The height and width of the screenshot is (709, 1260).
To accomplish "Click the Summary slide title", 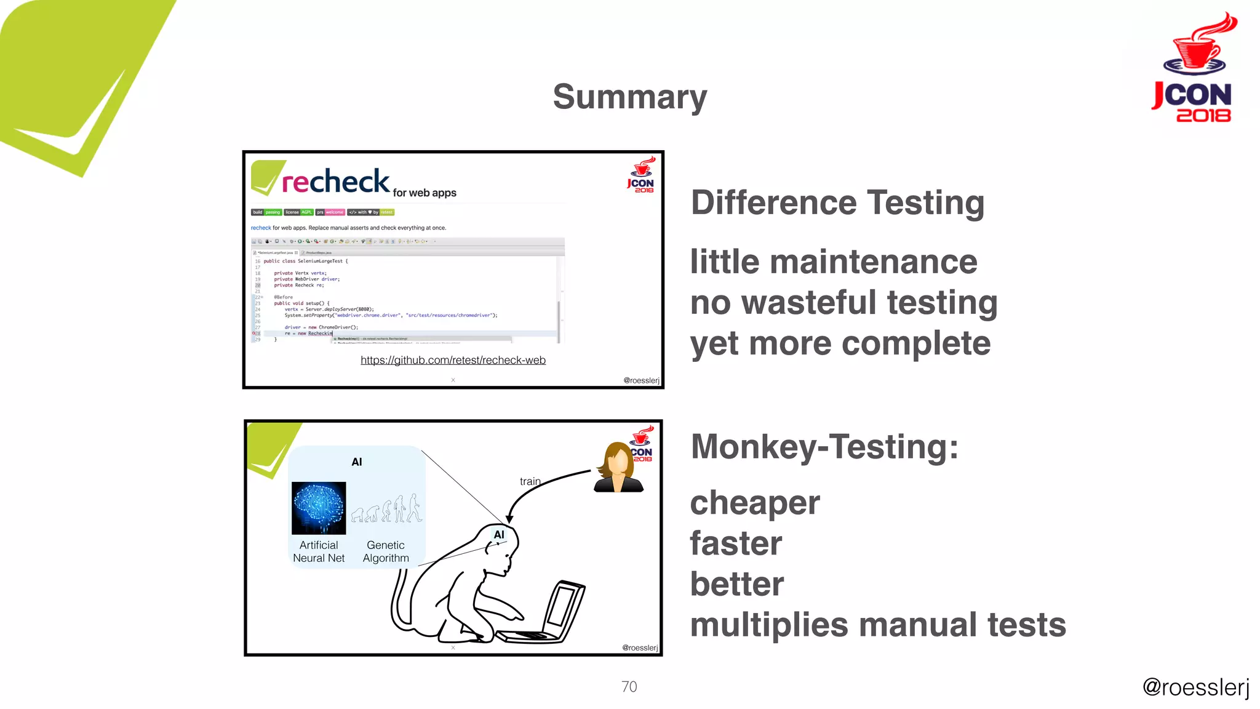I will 629,97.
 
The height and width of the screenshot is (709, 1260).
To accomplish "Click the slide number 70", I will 629,686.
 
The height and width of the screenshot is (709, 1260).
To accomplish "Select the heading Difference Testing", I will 837,202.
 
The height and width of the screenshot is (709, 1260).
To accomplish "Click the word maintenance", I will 873,262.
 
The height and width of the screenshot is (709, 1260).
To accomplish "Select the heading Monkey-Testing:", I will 824,446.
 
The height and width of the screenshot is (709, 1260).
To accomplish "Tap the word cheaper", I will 755,503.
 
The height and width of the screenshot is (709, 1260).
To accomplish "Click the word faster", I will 736,543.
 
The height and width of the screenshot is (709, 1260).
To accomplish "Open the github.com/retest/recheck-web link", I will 453,360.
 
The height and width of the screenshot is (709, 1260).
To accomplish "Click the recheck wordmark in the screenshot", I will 335,182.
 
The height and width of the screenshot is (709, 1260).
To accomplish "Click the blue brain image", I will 319,508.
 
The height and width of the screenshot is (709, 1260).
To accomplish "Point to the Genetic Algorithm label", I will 386,551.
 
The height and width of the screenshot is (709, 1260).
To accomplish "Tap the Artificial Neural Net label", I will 319,551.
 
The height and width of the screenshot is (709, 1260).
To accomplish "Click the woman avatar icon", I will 618,467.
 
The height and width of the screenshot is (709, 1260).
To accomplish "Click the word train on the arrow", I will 530,481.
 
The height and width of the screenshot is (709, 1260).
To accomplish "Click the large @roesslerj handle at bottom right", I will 1195,687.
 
